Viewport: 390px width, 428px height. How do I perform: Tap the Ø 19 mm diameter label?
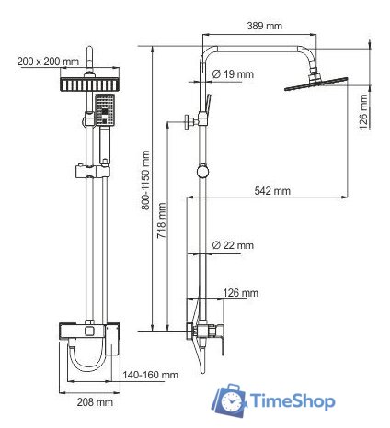[x=232, y=73]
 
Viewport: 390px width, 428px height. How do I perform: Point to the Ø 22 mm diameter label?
[x=232, y=245]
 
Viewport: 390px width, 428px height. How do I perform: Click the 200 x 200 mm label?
[x=48, y=62]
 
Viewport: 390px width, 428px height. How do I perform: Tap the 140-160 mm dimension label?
[x=152, y=375]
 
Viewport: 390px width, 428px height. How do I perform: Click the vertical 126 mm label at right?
[x=364, y=109]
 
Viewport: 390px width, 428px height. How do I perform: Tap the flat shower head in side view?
[x=315, y=84]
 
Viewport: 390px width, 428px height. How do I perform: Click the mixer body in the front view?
[x=89, y=333]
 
